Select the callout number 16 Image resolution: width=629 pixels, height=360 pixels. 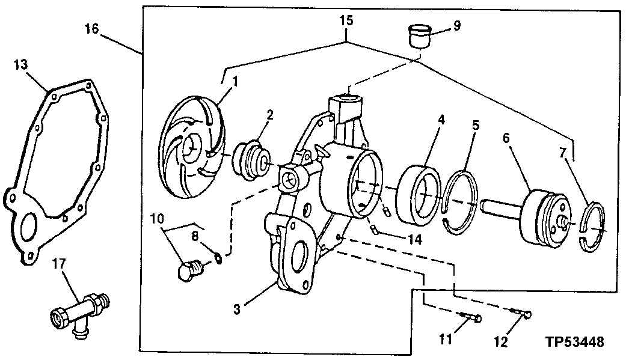click(x=91, y=28)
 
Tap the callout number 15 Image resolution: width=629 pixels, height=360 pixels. click(x=346, y=20)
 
